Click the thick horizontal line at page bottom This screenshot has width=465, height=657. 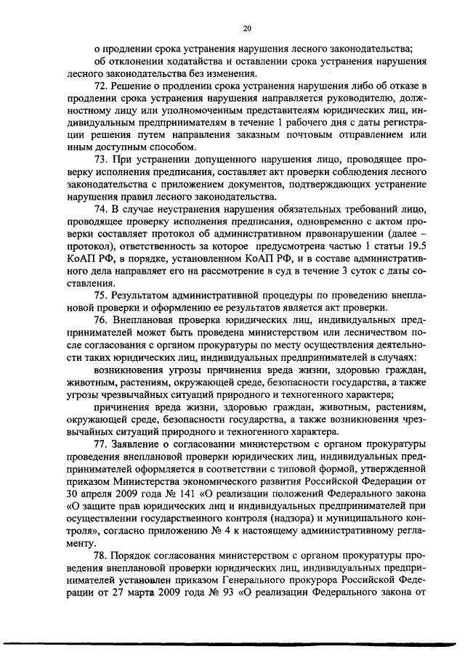coord(232,644)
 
